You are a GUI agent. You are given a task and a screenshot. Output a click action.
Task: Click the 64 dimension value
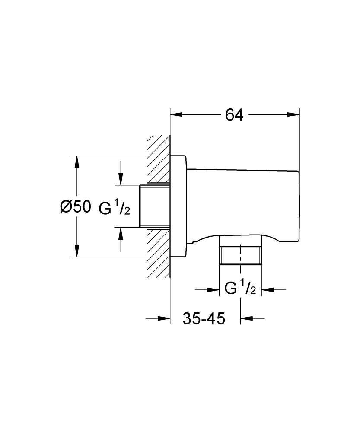235,115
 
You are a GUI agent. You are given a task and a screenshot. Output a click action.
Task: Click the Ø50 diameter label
75,207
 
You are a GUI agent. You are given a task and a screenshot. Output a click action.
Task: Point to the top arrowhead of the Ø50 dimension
77,162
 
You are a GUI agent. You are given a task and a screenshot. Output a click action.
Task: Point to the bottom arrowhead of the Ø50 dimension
77,251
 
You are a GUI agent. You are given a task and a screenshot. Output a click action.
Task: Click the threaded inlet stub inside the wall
155,206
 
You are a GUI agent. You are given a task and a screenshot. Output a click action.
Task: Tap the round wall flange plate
178,206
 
